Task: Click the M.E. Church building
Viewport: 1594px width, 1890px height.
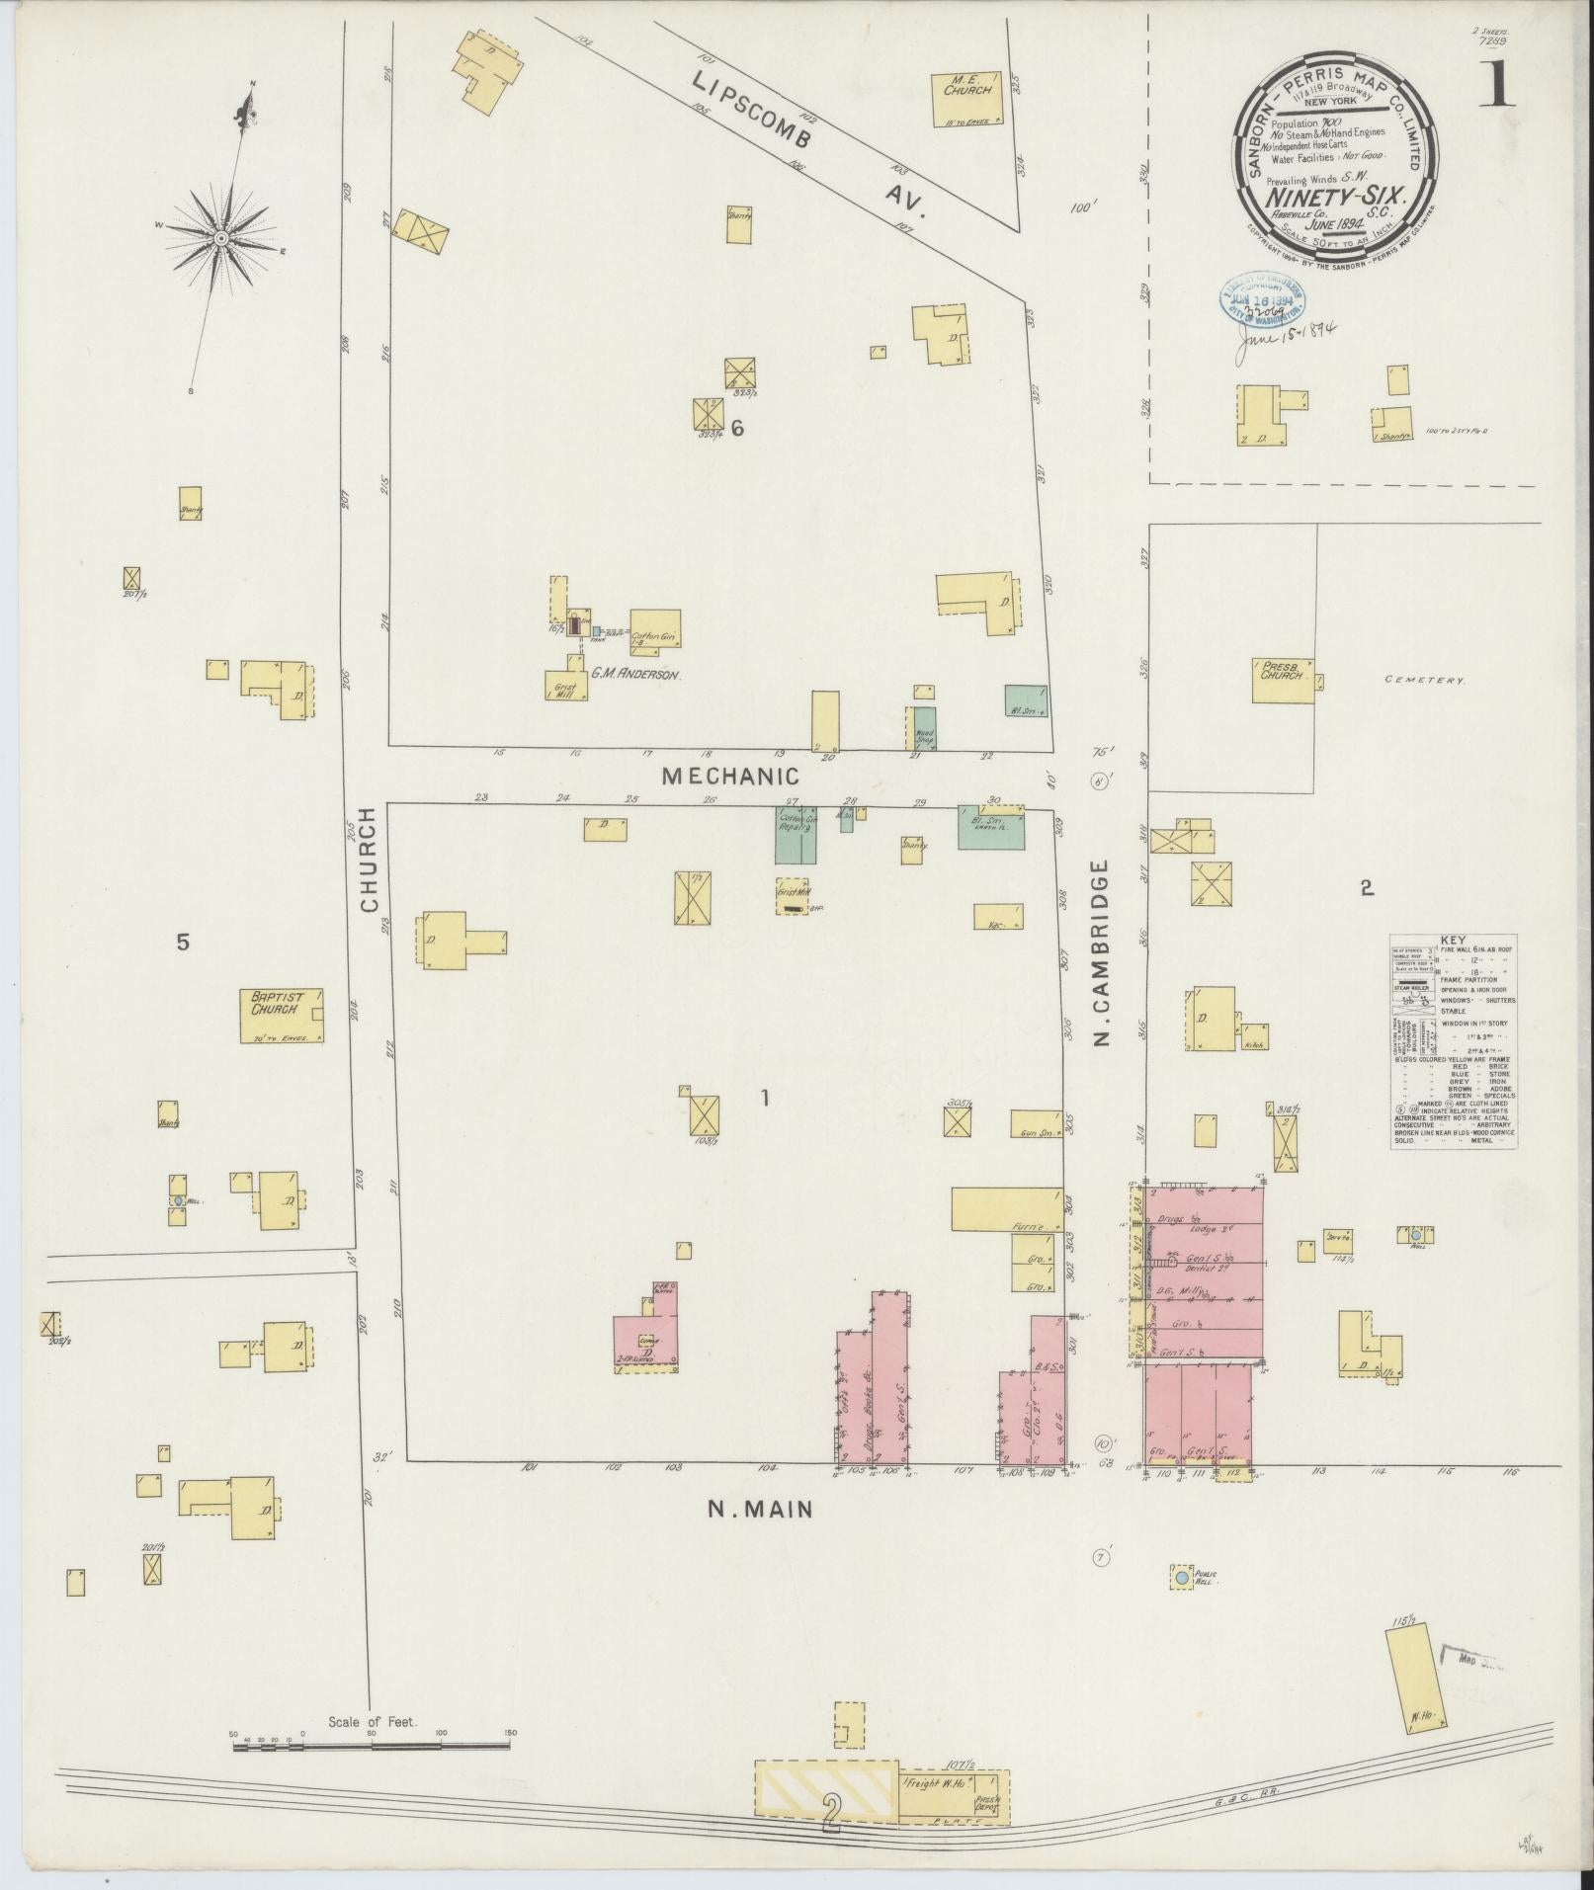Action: (965, 99)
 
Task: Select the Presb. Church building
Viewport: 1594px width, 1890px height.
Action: (1283, 680)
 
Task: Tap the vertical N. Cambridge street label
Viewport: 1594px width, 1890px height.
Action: (1103, 951)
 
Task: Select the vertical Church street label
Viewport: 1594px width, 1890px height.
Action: (369, 859)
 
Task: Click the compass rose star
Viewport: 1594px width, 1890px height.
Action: (221, 238)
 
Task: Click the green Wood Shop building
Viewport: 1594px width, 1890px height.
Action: (924, 727)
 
